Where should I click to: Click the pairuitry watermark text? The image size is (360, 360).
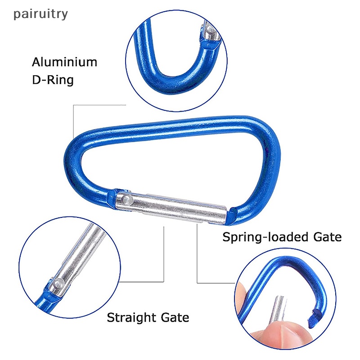41,14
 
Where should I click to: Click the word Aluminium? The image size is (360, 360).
64,62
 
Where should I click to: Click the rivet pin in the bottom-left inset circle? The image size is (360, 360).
57,284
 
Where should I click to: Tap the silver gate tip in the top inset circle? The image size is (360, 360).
207,31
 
